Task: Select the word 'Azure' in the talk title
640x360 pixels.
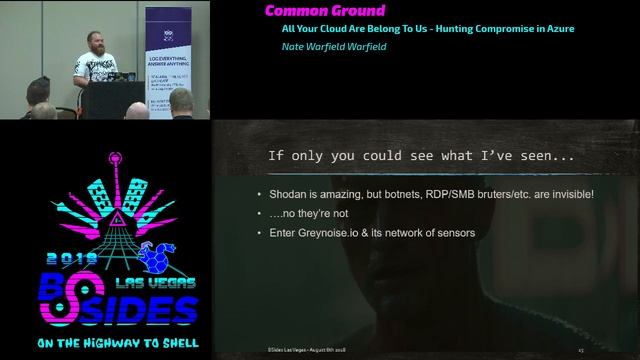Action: coord(554,29)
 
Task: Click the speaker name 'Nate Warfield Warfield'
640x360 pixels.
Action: coord(334,47)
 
